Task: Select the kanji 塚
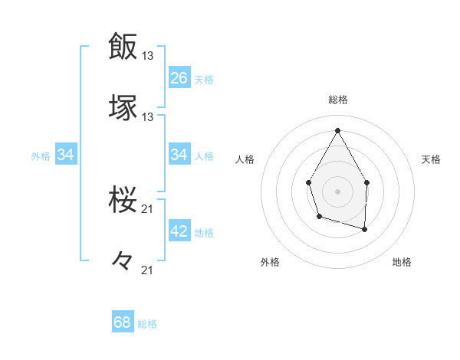pyautogui.click(x=123, y=107)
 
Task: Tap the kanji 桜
pyautogui.click(x=123, y=201)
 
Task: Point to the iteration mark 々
pyautogui.click(x=123, y=261)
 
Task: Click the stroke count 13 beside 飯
pyautogui.click(x=149, y=56)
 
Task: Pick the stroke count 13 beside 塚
pyautogui.click(x=149, y=117)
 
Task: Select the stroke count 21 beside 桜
pyautogui.click(x=149, y=209)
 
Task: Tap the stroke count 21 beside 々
pyautogui.click(x=149, y=270)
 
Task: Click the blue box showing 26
pyautogui.click(x=179, y=77)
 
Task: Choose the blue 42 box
pyautogui.click(x=179, y=231)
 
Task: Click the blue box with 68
pyautogui.click(x=123, y=322)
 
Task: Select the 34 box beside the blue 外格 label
pyautogui.click(x=66, y=155)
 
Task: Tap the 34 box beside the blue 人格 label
pyautogui.click(x=179, y=155)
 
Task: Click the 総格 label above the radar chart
pyautogui.click(x=337, y=100)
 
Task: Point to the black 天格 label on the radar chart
pyautogui.click(x=431, y=159)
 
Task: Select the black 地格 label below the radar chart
pyautogui.click(x=402, y=262)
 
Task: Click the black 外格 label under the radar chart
pyautogui.click(x=270, y=262)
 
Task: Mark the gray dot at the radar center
pyautogui.click(x=337, y=190)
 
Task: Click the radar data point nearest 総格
pyautogui.click(x=337, y=130)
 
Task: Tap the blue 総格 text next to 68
pyautogui.click(x=147, y=324)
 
